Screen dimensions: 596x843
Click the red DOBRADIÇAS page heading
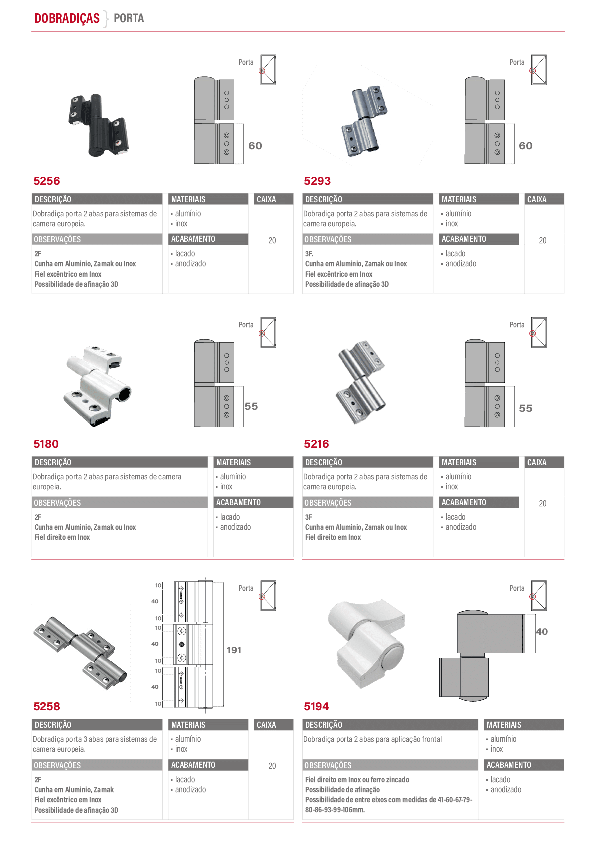click(x=67, y=18)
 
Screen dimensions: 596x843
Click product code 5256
click(x=46, y=181)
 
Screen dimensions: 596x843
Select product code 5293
click(x=317, y=181)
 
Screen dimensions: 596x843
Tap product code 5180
click(x=46, y=444)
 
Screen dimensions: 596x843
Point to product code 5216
click(x=316, y=444)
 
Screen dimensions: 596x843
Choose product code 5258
click(x=46, y=706)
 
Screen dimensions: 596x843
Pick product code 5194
click(x=316, y=706)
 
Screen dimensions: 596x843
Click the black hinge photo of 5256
click(x=99, y=125)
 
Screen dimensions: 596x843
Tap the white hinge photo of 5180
click(x=97, y=386)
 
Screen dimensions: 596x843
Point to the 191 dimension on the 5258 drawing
click(x=234, y=650)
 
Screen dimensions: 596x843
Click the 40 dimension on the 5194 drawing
click(x=542, y=631)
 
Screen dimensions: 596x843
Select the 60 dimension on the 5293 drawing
click(x=525, y=146)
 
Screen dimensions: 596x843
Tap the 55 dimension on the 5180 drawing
click(x=251, y=406)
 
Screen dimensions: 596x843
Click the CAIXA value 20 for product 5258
click(x=272, y=766)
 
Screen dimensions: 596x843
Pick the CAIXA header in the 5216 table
click(x=536, y=462)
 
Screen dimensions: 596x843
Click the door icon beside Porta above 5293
click(x=539, y=70)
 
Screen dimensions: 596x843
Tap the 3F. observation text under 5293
click(x=309, y=254)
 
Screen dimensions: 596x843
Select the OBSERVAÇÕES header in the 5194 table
click(x=328, y=765)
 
